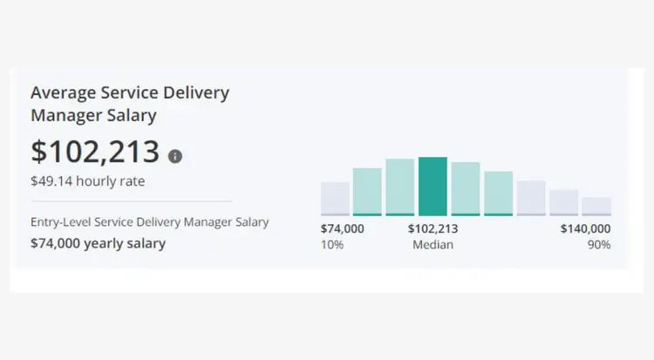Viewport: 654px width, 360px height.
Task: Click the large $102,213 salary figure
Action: tap(95, 152)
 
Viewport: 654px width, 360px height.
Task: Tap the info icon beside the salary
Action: tap(175, 156)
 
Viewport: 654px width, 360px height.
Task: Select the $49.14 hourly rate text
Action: tap(87, 182)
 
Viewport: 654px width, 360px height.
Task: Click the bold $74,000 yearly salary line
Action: tap(98, 243)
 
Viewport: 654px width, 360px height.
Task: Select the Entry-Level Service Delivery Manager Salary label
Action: tap(149, 222)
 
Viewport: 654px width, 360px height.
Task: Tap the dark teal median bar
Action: tap(433, 186)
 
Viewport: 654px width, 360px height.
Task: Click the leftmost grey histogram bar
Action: tap(335, 198)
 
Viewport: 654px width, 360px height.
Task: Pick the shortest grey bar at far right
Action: tap(596, 206)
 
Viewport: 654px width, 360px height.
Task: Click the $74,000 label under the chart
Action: tap(343, 228)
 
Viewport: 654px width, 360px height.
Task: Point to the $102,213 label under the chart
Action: tap(433, 228)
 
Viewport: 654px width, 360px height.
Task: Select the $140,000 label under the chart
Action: tap(585, 228)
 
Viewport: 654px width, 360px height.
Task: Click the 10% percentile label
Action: tap(332, 245)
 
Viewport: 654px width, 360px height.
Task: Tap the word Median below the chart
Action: tap(433, 245)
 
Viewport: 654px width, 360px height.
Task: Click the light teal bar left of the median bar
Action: tap(399, 187)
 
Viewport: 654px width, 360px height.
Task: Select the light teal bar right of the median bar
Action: tap(466, 188)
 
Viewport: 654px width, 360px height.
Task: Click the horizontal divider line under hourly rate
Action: tap(131, 201)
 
